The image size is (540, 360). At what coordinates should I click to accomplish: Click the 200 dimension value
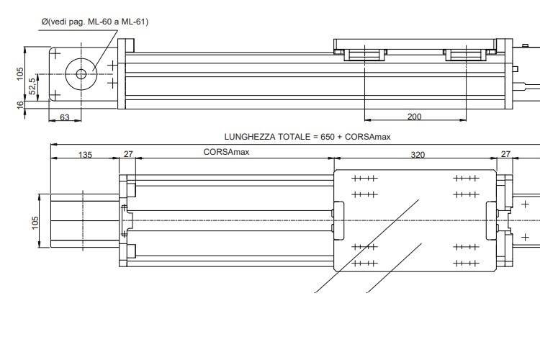click(414, 116)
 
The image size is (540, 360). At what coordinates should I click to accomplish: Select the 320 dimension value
click(417, 153)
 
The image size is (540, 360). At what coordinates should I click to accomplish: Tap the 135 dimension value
click(84, 153)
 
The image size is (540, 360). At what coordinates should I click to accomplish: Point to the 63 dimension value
click(64, 117)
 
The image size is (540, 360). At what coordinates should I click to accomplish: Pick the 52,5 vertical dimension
click(32, 86)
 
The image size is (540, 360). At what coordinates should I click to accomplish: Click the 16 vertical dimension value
click(21, 104)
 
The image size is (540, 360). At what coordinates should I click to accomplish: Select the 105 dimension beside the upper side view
click(21, 73)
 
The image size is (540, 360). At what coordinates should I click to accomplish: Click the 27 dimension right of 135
click(128, 153)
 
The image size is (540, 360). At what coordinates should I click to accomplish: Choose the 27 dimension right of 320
click(505, 153)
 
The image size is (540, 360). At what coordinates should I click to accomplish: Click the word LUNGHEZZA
click(250, 136)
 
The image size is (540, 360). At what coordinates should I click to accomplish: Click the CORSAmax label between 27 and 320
click(227, 153)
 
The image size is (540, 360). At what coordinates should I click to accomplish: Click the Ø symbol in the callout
click(44, 22)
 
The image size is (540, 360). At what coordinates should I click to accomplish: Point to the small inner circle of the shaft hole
click(80, 73)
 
